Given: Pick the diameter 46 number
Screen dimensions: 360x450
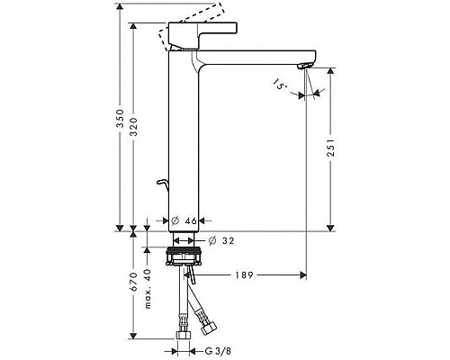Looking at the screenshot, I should point(192,220).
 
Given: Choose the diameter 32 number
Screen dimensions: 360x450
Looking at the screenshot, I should point(227,240).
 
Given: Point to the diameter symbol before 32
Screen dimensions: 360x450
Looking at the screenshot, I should point(211,240).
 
